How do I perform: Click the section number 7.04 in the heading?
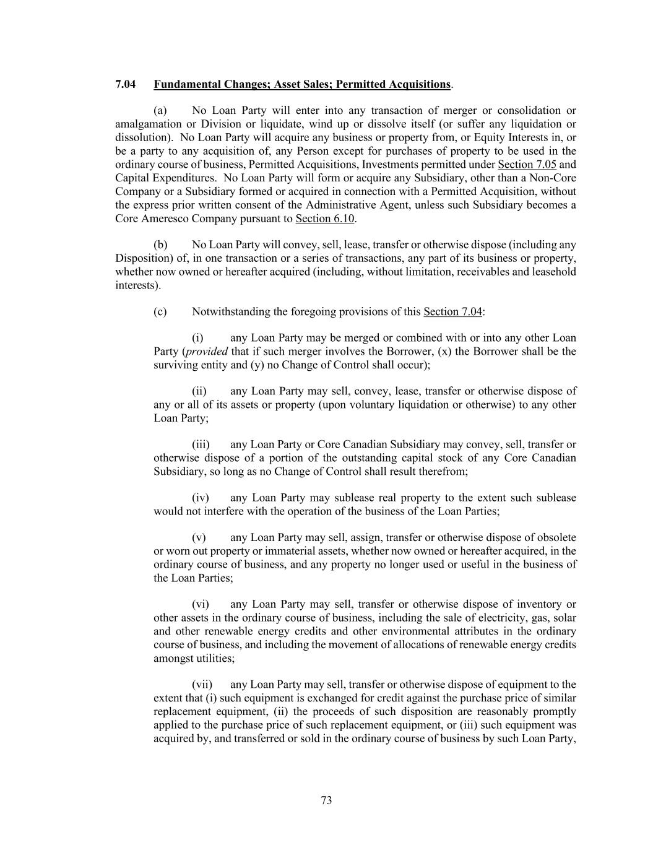pyautogui.click(x=126, y=84)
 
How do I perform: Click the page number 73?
pyautogui.click(x=326, y=800)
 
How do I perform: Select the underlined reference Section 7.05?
pyautogui.click(x=527, y=165)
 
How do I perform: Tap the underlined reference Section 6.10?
pyautogui.click(x=325, y=219)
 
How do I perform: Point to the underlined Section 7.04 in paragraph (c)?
pyautogui.click(x=452, y=312)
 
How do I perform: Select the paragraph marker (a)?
pyautogui.click(x=160, y=111)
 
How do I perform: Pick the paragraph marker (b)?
pyautogui.click(x=160, y=245)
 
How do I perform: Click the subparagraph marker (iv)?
pyautogui.click(x=200, y=498)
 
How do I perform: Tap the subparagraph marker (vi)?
pyautogui.click(x=200, y=605)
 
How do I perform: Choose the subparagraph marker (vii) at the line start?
pyautogui.click(x=202, y=685)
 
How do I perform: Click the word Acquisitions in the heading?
pyautogui.click(x=419, y=84)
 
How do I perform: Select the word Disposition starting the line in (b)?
pyautogui.click(x=140, y=258)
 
